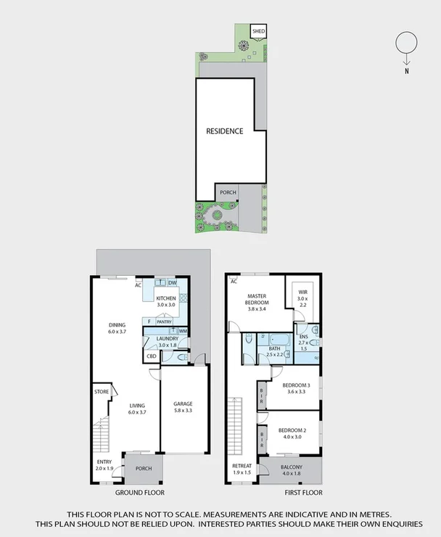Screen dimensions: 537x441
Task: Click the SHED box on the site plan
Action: [x=258, y=31]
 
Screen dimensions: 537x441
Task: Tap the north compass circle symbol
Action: [x=406, y=44]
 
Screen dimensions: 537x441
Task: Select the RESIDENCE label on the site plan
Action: [x=224, y=131]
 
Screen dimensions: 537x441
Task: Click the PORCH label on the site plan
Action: [x=228, y=193]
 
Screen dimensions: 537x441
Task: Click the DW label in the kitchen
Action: [x=173, y=283]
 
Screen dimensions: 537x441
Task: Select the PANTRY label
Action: [x=164, y=321]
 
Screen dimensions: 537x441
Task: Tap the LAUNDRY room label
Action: [x=166, y=339]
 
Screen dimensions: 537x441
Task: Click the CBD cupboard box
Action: [x=152, y=356]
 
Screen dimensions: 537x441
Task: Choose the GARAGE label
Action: [x=183, y=403]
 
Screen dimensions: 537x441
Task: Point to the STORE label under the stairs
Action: [x=101, y=393]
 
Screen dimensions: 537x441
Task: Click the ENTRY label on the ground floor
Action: [x=104, y=462]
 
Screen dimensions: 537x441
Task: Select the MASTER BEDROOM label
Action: [x=257, y=300]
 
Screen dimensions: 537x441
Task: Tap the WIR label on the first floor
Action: [x=302, y=293]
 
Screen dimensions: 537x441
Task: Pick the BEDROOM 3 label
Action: [x=296, y=385]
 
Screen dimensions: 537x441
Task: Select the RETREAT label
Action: [x=242, y=466]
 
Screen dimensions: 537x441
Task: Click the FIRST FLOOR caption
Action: [x=302, y=492]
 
